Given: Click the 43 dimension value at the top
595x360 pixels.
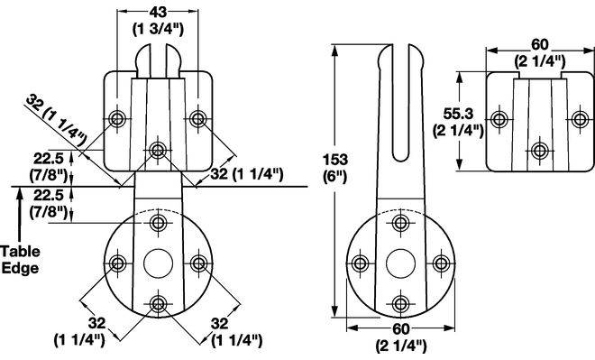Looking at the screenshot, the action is pyautogui.click(x=158, y=12).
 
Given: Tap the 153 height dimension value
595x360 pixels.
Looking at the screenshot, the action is pyautogui.click(x=335, y=160).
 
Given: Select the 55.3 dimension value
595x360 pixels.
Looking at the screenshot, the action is pyautogui.click(x=458, y=113).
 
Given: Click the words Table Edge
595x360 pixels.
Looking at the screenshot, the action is pyautogui.click(x=20, y=260).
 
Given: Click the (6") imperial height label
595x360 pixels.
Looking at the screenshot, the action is pyautogui.click(x=335, y=177).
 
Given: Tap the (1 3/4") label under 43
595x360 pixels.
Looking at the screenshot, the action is pyautogui.click(x=158, y=29).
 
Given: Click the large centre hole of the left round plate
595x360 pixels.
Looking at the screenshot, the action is pyautogui.click(x=159, y=263).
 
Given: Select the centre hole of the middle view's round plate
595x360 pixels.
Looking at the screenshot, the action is pyautogui.click(x=400, y=263).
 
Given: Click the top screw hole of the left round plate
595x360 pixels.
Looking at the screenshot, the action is pyautogui.click(x=158, y=223).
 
